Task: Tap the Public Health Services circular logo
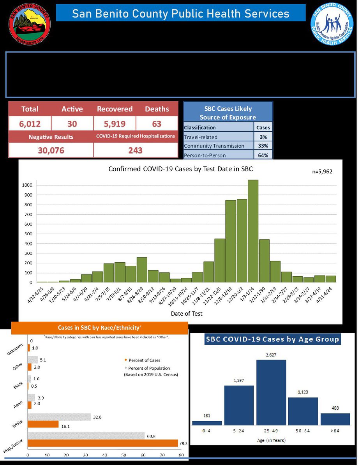pyautogui.click(x=332, y=23)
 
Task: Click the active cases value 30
pyautogui.click(x=72, y=124)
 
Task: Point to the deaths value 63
pyautogui.click(x=157, y=124)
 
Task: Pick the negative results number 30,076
pyautogui.click(x=51, y=150)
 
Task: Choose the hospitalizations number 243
pyautogui.click(x=135, y=150)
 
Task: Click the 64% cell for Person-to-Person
pyautogui.click(x=263, y=155)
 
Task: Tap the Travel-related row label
pyautogui.click(x=201, y=137)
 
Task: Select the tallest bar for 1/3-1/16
pyautogui.click(x=253, y=231)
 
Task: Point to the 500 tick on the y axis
pyautogui.click(x=28, y=234)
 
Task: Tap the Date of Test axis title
pyautogui.click(x=186, y=313)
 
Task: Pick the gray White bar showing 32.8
pyautogui.click(x=59, y=417)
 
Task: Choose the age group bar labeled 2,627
pyautogui.click(x=271, y=392)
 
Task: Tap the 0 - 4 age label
pyautogui.click(x=207, y=432)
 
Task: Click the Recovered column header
pyautogui.click(x=115, y=109)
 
